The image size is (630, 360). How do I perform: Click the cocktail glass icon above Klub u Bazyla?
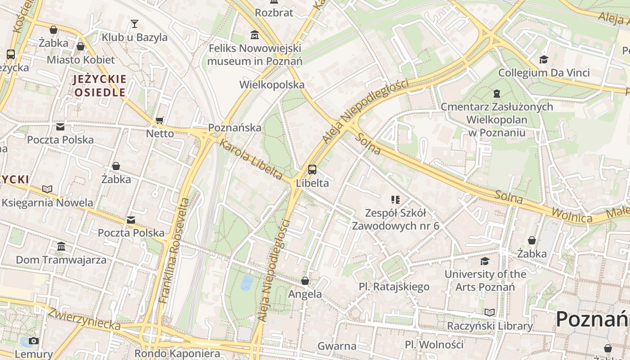click(134, 24)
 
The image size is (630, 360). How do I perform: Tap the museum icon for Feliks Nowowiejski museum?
click(255, 35)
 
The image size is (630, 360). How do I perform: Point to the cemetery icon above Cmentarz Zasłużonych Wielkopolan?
click(496, 94)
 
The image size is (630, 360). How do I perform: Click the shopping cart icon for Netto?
click(159, 121)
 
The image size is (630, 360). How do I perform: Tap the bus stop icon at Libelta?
click(312, 170)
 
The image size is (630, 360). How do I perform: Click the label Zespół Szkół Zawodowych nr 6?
click(395, 219)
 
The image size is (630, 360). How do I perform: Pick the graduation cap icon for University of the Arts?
click(485, 261)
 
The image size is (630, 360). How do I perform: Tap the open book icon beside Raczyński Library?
click(490, 312)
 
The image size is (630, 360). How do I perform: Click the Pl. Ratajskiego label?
click(394, 287)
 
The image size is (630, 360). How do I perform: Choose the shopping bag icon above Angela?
click(305, 281)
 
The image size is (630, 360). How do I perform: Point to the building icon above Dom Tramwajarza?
click(61, 247)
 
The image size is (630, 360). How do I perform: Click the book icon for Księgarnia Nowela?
click(47, 189)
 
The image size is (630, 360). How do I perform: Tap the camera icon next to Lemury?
click(33, 341)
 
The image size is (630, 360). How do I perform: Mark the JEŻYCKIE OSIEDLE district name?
click(100, 86)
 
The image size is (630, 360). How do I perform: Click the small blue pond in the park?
click(247, 283)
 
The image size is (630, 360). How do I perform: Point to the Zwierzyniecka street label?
click(84, 319)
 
